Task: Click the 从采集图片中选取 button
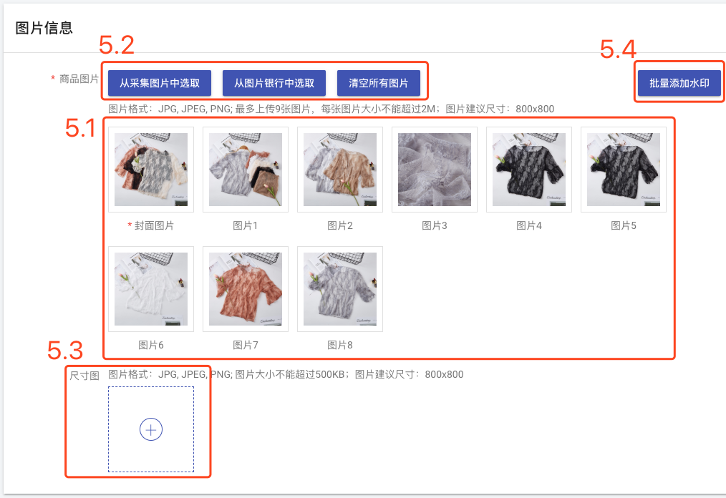(160, 83)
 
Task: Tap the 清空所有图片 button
(378, 83)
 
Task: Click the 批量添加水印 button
(679, 83)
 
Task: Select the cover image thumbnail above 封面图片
(151, 170)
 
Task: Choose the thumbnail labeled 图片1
(246, 170)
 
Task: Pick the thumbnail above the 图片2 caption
(340, 170)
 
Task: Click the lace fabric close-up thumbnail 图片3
(435, 170)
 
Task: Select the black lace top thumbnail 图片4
(529, 170)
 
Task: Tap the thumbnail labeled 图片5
(624, 170)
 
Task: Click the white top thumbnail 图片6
(151, 289)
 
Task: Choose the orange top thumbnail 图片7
(246, 289)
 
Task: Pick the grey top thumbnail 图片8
(340, 289)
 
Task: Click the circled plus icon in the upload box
(151, 429)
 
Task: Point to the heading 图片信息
(44, 28)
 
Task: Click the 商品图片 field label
(79, 79)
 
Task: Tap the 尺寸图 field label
(84, 375)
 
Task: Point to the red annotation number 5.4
(617, 49)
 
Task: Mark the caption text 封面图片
(154, 225)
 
